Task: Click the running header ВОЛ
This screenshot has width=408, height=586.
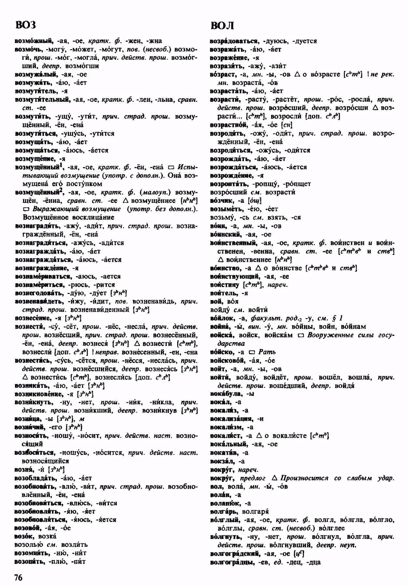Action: [222, 25]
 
